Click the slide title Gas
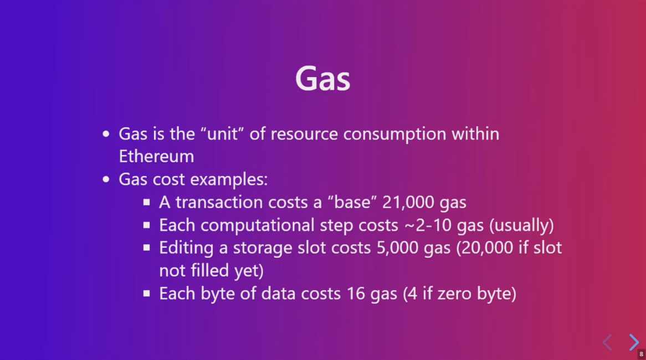click(322, 78)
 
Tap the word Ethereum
click(156, 157)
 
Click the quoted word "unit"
click(223, 134)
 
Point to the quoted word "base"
click(352, 202)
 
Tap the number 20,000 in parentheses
click(484, 248)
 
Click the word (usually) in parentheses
click(521, 225)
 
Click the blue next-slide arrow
click(634, 342)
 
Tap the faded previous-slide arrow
click(607, 342)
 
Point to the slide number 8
click(642, 354)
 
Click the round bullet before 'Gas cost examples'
click(106, 179)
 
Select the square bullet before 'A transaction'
click(147, 202)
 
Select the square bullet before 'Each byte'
click(147, 294)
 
